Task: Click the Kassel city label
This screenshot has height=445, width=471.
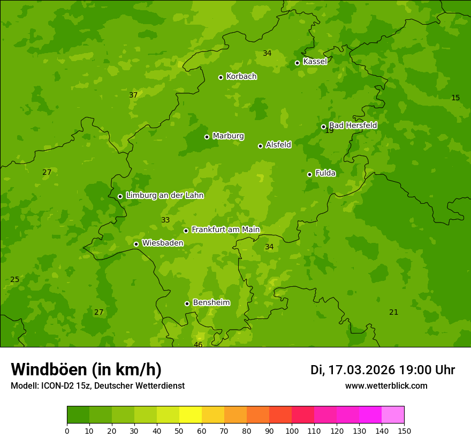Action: pyautogui.click(x=315, y=62)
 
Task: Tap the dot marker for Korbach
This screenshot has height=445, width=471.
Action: pyautogui.click(x=221, y=77)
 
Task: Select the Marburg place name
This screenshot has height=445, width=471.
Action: pyautogui.click(x=228, y=136)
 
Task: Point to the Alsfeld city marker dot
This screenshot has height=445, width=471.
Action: pyautogui.click(x=260, y=146)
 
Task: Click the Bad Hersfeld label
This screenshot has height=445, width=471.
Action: pyautogui.click(x=353, y=125)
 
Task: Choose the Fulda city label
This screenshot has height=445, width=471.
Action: pyautogui.click(x=325, y=173)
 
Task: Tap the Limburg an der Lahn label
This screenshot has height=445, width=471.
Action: pyautogui.click(x=164, y=196)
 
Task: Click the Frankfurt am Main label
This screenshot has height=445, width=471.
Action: pyautogui.click(x=225, y=229)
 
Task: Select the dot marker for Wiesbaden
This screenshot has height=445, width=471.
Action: pyautogui.click(x=136, y=244)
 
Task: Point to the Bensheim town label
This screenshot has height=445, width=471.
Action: pyautogui.click(x=211, y=302)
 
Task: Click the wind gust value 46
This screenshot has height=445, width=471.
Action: pyautogui.click(x=198, y=345)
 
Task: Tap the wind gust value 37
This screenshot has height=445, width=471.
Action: pyautogui.click(x=133, y=95)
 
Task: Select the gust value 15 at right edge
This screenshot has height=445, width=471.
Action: pyautogui.click(x=455, y=98)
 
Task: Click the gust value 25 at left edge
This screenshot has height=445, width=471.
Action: pyautogui.click(x=15, y=279)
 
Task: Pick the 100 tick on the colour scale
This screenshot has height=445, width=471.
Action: pyautogui.click(x=292, y=431)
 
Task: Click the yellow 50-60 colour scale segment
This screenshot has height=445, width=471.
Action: pyautogui.click(x=191, y=415)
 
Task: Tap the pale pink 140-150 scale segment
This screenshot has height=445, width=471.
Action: pyautogui.click(x=393, y=415)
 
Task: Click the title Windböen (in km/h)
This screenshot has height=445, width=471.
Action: pyautogui.click(x=86, y=369)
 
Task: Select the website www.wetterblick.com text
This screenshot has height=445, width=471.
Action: pyautogui.click(x=386, y=386)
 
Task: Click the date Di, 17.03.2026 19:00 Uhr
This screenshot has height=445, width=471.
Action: pyautogui.click(x=383, y=370)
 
